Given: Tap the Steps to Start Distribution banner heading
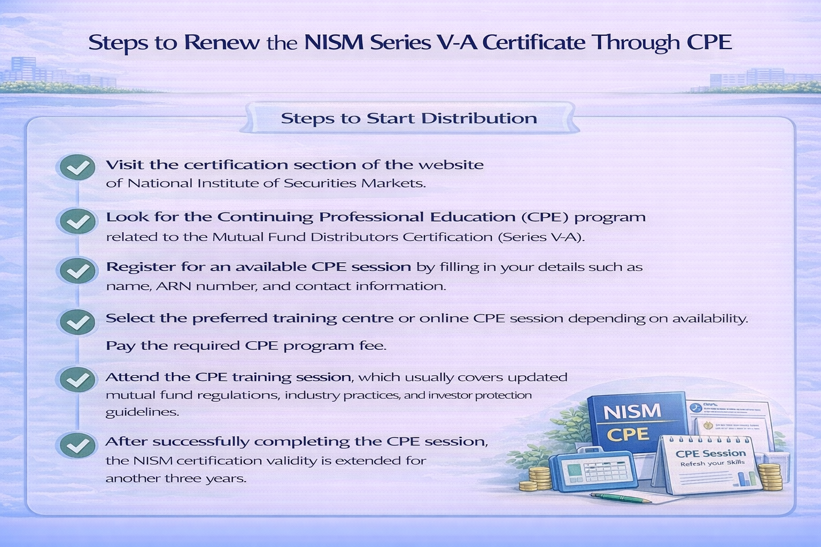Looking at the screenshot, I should click(409, 118).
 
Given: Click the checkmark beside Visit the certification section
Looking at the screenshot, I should click(78, 168).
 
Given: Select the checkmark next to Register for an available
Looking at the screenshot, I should click(78, 271).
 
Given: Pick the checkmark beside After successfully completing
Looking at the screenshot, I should click(78, 445).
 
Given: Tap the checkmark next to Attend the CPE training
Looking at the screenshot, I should click(78, 380).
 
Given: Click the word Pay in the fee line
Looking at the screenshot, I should click(120, 346).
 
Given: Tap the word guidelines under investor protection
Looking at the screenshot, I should click(142, 412).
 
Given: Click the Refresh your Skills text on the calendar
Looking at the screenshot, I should click(712, 463).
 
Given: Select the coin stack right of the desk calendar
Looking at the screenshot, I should click(770, 476).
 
